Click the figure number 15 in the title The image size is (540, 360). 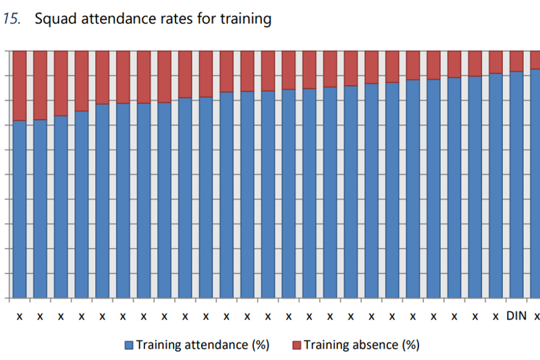[11, 19]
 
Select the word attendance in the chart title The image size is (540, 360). [122, 19]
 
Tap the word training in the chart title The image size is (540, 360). [248, 19]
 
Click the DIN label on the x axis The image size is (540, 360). [516, 315]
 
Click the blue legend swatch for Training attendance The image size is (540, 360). [129, 345]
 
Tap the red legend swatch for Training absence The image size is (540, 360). [296, 345]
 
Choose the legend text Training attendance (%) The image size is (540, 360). [202, 345]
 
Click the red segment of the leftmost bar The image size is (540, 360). [20, 85]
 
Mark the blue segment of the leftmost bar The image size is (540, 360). [20, 209]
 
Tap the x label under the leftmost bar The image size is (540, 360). [20, 315]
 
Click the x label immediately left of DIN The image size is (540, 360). [495, 315]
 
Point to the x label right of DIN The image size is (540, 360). [537, 315]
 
